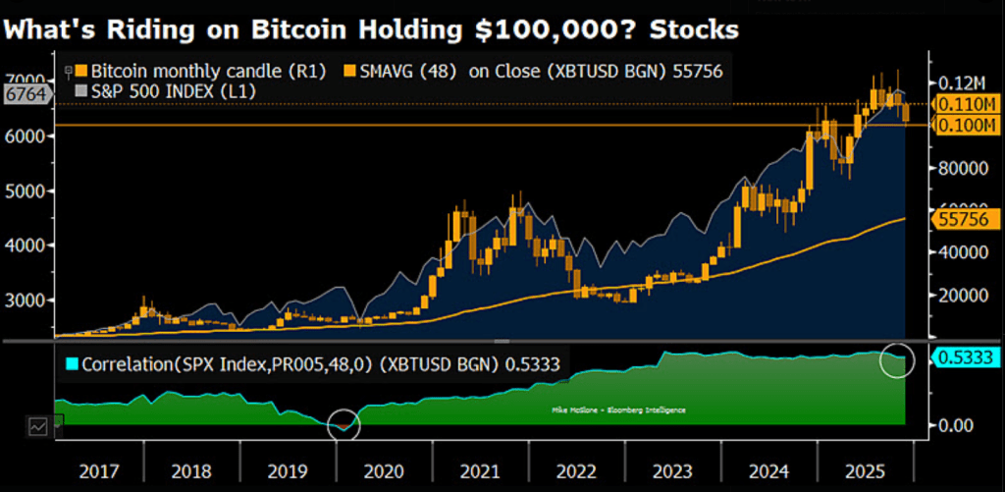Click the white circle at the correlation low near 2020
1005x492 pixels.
(343, 425)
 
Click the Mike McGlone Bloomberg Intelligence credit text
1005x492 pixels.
(613, 410)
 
